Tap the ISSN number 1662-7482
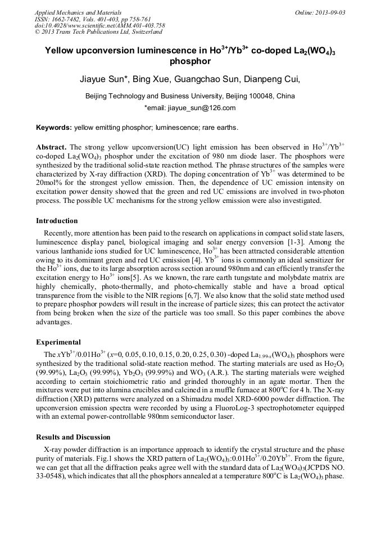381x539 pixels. point(68,19)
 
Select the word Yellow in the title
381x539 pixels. point(63,50)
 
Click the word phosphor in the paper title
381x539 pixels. point(190,61)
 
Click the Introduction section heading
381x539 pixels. point(57,220)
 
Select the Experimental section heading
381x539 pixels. point(58,342)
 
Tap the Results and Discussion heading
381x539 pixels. point(73,437)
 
